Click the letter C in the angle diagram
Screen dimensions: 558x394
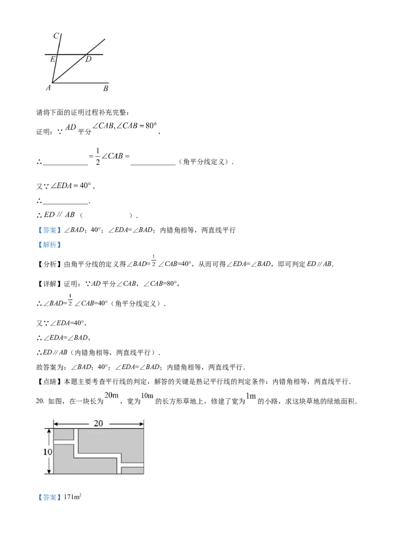tap(57, 35)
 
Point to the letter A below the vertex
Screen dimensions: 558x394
tap(48, 88)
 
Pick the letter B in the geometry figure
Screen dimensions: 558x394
tap(105, 89)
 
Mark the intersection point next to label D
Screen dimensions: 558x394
tap(87, 54)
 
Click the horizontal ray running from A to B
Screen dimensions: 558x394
tap(81, 83)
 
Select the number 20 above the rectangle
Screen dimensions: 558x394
tap(98, 423)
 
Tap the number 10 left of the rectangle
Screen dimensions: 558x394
tap(45, 452)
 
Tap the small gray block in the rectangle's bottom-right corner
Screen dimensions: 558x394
tap(132, 470)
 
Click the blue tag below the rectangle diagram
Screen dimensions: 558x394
tap(49, 497)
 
